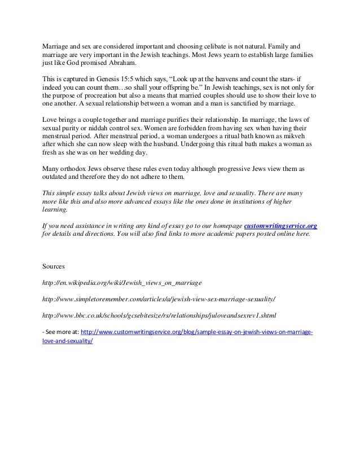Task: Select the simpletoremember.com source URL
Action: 159,297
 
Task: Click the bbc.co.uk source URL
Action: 161,314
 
